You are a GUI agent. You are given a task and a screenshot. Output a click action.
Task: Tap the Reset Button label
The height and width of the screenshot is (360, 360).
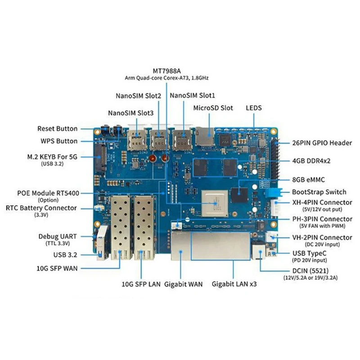point(57,129)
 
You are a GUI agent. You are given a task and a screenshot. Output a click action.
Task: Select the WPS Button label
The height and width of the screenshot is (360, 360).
point(60,141)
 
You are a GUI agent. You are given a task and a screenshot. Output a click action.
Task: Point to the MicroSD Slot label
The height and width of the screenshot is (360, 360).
point(213,108)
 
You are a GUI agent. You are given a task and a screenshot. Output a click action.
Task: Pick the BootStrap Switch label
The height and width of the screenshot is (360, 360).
point(319,192)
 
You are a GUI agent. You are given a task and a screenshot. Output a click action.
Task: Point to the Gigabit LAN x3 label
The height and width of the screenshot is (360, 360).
point(234,284)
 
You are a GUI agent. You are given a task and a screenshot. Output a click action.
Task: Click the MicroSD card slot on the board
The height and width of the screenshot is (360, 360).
point(204,135)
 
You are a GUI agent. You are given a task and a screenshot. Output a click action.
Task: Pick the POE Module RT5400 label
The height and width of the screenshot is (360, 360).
point(49,193)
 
